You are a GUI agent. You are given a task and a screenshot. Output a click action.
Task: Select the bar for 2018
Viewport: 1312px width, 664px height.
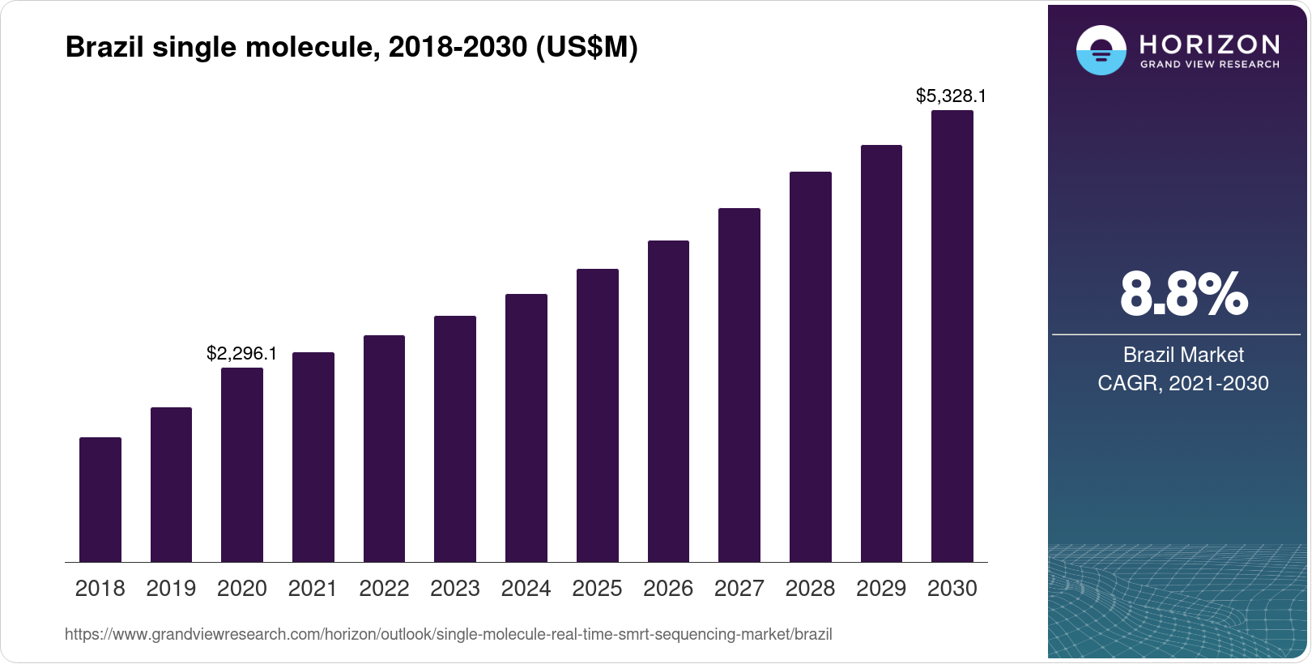pos(100,500)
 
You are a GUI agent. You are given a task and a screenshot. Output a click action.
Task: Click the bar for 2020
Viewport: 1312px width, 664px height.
pos(242,465)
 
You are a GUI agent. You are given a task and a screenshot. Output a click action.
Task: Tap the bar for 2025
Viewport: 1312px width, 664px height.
pos(598,415)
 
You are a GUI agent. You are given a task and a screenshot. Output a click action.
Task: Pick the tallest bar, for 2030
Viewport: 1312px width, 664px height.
pos(952,336)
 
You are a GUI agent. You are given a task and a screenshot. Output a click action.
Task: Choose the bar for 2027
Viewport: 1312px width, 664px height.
pos(739,385)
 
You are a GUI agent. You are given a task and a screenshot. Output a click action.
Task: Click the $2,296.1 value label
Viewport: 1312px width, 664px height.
pos(242,354)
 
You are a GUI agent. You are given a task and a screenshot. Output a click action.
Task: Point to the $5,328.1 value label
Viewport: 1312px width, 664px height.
pos(951,96)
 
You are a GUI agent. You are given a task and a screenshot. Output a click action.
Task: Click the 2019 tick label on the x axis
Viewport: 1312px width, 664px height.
pos(171,589)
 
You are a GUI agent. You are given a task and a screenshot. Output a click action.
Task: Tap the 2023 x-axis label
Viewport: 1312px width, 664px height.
pos(455,589)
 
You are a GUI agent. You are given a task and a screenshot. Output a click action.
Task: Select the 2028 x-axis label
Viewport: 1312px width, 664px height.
pos(810,589)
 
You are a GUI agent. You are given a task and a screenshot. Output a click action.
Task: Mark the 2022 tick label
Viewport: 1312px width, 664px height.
pos(384,589)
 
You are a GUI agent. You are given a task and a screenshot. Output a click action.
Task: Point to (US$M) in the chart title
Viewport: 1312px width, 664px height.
pos(587,47)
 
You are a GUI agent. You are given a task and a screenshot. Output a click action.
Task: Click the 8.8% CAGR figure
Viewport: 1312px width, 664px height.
pos(1183,294)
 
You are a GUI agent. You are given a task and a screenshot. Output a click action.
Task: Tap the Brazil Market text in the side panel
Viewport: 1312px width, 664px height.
pos(1183,355)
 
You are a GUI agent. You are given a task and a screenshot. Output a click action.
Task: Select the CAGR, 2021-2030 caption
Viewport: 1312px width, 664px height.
pos(1183,383)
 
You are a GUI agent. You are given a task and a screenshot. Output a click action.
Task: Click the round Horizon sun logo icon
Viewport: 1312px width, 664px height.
pos(1101,50)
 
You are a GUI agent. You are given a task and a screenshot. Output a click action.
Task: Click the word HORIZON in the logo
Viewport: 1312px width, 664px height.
pos(1210,44)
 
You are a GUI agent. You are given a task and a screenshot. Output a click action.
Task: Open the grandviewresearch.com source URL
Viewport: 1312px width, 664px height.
pos(449,635)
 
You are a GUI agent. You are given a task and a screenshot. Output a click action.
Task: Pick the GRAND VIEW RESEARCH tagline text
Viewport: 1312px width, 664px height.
pos(1210,65)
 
